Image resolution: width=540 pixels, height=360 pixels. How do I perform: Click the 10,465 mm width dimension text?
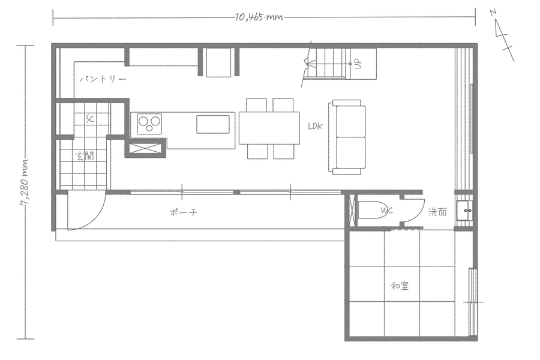(259, 17)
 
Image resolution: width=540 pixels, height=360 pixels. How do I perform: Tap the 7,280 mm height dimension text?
(25, 183)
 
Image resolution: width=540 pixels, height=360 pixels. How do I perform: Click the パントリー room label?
(103, 79)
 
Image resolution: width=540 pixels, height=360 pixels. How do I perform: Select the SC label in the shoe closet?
(90, 119)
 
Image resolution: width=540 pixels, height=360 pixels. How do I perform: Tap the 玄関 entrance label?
(85, 157)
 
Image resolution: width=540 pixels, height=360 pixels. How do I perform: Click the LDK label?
(316, 126)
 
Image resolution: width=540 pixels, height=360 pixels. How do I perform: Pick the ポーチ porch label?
(184, 212)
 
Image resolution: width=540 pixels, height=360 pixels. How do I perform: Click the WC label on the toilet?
(386, 211)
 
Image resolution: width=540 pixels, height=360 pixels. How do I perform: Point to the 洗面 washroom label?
(438, 212)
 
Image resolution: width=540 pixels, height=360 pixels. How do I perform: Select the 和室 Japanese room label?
(400, 286)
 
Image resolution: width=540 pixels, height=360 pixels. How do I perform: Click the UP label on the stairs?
(359, 64)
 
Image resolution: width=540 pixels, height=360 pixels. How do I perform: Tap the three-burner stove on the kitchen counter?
(149, 124)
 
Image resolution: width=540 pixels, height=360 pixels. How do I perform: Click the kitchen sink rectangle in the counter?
(213, 124)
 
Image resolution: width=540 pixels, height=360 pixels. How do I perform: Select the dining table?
(269, 128)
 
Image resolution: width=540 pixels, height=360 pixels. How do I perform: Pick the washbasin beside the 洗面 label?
(465, 210)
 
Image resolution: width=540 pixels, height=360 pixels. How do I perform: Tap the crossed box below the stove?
(145, 148)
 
